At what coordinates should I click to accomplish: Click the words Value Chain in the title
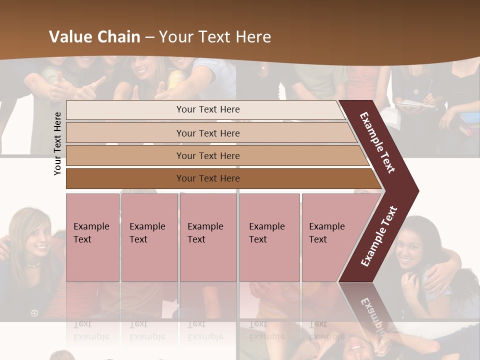[94, 37]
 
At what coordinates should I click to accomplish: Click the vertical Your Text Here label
[57, 143]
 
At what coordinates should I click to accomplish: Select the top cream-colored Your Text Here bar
[207, 109]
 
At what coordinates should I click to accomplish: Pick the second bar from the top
[207, 133]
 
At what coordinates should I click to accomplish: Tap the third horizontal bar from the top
[207, 155]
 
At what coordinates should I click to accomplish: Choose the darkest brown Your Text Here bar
[207, 178]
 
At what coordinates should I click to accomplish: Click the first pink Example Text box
[92, 237]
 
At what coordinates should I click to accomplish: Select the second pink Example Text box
[149, 237]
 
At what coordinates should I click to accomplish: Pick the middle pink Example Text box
[208, 237]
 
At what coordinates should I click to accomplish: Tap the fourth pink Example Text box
[269, 237]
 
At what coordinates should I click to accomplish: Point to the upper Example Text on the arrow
[377, 142]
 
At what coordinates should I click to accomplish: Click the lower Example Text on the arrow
[379, 236]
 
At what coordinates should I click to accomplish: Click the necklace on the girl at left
[33, 264]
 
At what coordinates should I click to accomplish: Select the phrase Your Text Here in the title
[215, 37]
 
